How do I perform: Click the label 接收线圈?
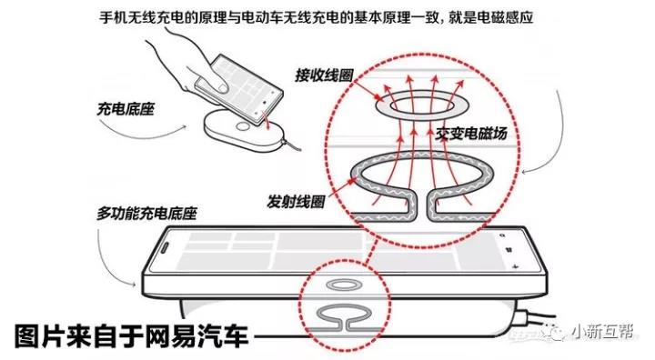click(324, 75)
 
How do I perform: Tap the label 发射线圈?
click(297, 202)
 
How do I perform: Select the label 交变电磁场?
click(471, 134)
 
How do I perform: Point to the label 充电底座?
click(126, 109)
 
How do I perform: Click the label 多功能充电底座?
click(146, 214)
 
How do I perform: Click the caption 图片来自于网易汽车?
click(132, 335)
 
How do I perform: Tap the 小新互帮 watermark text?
click(603, 332)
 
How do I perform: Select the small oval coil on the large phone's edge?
click(344, 285)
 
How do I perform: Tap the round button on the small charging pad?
click(242, 126)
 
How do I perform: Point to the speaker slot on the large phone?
click(164, 248)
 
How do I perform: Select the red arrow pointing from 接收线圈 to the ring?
click(367, 91)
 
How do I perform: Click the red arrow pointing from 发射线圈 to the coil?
click(343, 187)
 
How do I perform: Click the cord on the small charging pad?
click(292, 145)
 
